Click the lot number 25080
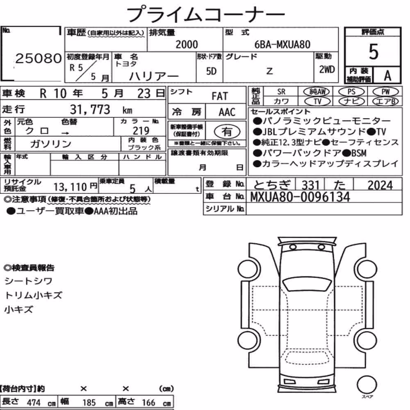39,58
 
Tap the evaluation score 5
374,52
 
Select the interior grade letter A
387,76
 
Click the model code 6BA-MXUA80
282,45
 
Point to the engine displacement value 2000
187,44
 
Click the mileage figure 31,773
90,109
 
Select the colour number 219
141,131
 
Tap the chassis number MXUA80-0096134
300,197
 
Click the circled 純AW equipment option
317,91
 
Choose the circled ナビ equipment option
351,101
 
